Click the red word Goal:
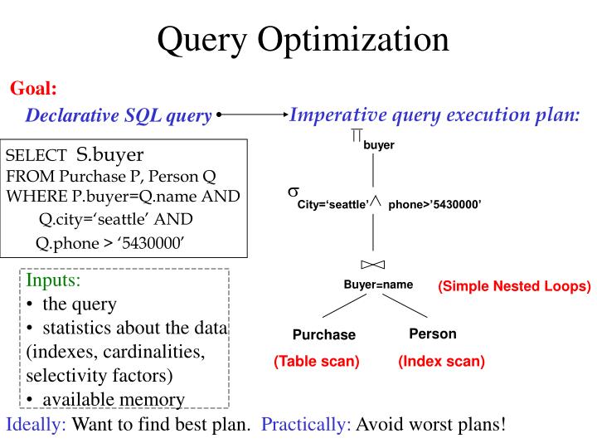point(33,88)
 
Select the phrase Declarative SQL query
point(119,116)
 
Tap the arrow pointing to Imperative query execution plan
point(253,115)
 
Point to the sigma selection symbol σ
point(293,192)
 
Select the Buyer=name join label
point(378,285)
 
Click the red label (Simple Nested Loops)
point(514,286)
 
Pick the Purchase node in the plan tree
point(323,335)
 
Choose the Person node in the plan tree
point(432,334)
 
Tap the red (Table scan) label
point(317,362)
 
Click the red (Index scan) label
point(441,362)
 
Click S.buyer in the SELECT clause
point(110,155)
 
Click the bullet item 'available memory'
point(113,399)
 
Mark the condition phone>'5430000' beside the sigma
point(434,203)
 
